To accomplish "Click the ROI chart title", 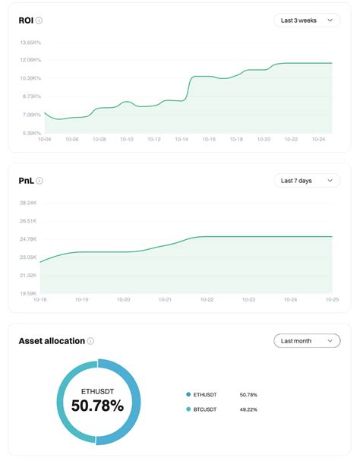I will pyautogui.click(x=26, y=21).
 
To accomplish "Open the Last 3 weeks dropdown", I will pyautogui.click(x=307, y=21).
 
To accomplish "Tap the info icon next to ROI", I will pyautogui.click(x=39, y=21).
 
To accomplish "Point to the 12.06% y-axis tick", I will pyautogui.click(x=30, y=59).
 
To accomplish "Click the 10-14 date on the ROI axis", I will pyautogui.click(x=182, y=139).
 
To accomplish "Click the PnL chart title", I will pyautogui.click(x=26, y=181).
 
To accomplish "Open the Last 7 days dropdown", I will pyautogui.click(x=307, y=181).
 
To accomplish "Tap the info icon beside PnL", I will pyautogui.click(x=39, y=181).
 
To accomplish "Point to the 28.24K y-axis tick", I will pyautogui.click(x=28, y=203).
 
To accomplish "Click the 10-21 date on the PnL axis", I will pyautogui.click(x=165, y=299).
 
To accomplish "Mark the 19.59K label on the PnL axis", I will pyautogui.click(x=28, y=293).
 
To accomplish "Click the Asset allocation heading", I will pyautogui.click(x=52, y=341).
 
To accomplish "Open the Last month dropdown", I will pyautogui.click(x=307, y=341).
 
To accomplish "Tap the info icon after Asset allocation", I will pyautogui.click(x=90, y=341).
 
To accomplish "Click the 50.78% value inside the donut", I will pyautogui.click(x=97, y=406).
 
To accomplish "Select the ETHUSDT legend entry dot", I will pyautogui.click(x=188, y=395).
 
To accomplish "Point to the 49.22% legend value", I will pyautogui.click(x=248, y=409).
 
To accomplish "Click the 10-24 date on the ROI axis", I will pyautogui.click(x=318, y=139).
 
